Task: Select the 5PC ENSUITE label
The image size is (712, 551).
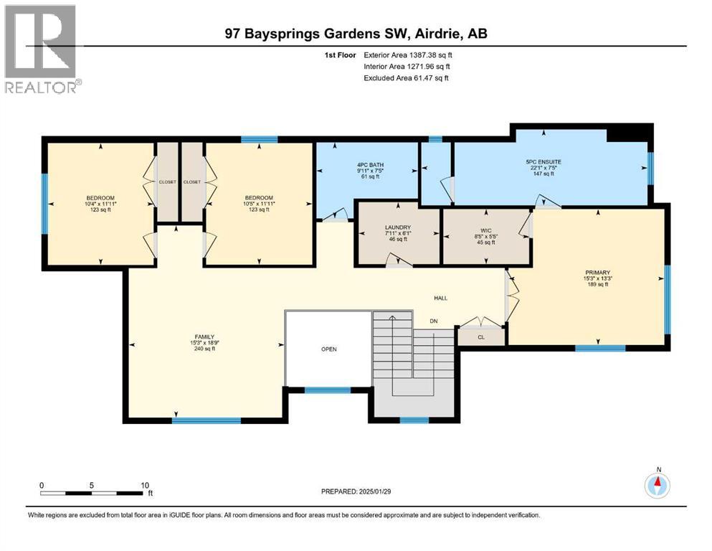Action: click(544, 162)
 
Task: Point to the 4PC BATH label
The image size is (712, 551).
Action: click(371, 165)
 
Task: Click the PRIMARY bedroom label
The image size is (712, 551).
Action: click(597, 273)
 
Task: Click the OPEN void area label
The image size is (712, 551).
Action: click(328, 349)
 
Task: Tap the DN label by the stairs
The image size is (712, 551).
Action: click(434, 321)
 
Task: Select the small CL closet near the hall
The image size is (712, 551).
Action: click(481, 335)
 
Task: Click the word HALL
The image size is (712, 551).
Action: click(441, 298)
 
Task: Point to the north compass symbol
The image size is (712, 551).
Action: click(658, 486)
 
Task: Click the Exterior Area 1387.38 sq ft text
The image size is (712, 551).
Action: click(408, 55)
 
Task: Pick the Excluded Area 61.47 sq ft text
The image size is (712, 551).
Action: click(406, 77)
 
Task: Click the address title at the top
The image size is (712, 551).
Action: click(356, 34)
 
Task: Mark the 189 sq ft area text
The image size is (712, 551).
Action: click(597, 285)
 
